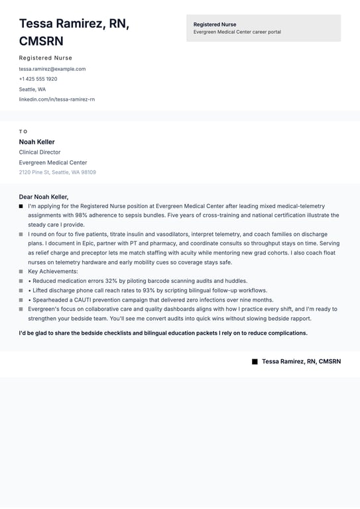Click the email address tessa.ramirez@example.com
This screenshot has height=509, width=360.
tap(52, 69)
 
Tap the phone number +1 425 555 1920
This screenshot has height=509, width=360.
tap(38, 79)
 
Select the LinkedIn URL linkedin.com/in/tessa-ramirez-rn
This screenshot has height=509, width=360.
tap(56, 99)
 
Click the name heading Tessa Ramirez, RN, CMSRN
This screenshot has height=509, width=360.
tap(74, 32)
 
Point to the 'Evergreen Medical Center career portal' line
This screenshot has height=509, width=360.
tap(237, 32)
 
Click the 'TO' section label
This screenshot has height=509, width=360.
tap(23, 131)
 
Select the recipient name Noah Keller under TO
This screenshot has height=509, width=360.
tap(36, 142)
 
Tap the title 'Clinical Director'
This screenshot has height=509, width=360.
tap(39, 152)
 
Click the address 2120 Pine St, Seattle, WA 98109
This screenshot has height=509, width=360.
tap(57, 172)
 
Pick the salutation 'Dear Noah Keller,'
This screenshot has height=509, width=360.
tap(43, 197)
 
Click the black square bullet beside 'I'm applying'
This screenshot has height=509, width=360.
tap(21, 206)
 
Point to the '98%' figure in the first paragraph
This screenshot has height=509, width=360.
tap(82, 215)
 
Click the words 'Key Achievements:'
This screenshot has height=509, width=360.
tap(52, 271)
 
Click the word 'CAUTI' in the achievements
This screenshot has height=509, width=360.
tap(87, 300)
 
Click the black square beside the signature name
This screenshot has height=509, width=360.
tap(255, 361)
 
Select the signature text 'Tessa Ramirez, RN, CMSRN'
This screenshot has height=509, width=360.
tap(301, 361)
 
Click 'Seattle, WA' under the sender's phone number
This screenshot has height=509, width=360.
tap(32, 89)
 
